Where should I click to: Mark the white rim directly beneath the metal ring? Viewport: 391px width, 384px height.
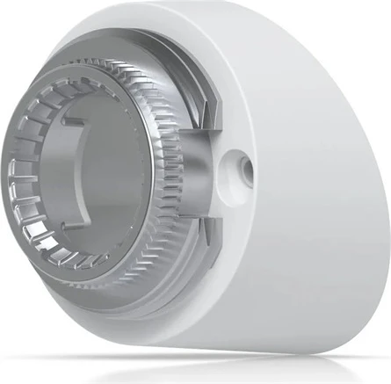[132, 303]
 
